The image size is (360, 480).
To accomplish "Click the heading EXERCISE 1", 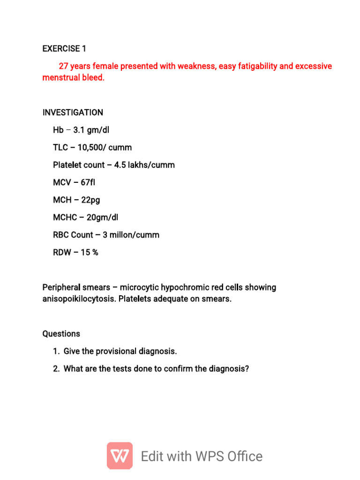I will click(64, 49).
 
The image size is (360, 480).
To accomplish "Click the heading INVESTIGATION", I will click(73, 112).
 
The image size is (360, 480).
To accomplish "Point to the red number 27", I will click(63, 66).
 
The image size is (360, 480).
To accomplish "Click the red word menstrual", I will click(60, 77).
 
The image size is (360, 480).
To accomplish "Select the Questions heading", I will click(61, 334).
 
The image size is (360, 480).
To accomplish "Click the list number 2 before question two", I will click(56, 369).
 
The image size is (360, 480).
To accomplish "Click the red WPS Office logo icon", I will click(120, 456).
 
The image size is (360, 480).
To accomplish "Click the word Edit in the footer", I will click(152, 456).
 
